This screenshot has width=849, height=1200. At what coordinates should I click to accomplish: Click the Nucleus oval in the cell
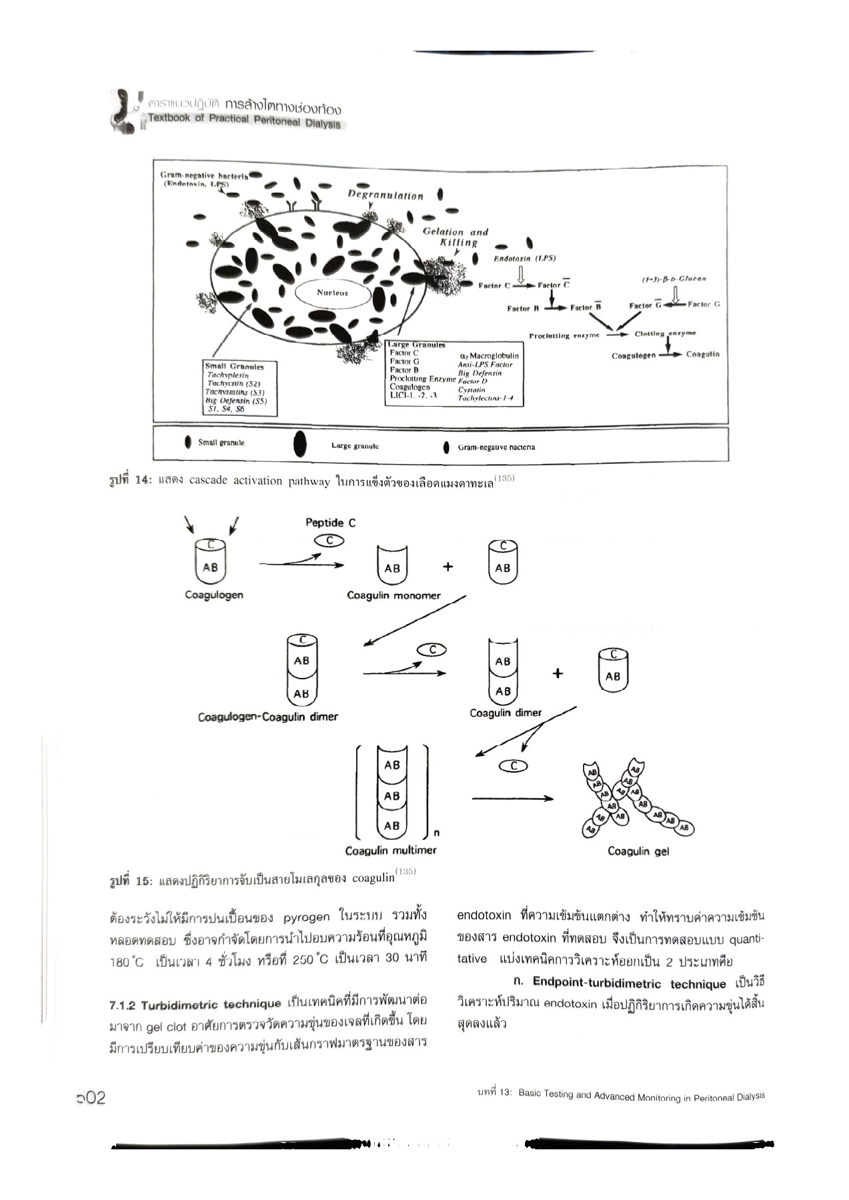click(x=332, y=293)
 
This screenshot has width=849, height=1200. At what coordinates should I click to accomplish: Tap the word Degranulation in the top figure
click(x=385, y=195)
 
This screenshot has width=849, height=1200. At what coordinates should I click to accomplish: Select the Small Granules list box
click(x=240, y=388)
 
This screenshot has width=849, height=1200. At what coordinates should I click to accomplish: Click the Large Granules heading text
click(x=417, y=345)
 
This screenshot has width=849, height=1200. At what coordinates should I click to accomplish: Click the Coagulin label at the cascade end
click(x=702, y=354)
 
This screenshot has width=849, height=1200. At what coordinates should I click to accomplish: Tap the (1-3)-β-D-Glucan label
click(x=674, y=279)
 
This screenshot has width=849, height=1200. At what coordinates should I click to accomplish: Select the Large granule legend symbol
click(x=300, y=444)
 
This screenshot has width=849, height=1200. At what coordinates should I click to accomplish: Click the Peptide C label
click(x=330, y=523)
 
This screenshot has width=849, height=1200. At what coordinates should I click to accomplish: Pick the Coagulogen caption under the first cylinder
click(x=213, y=595)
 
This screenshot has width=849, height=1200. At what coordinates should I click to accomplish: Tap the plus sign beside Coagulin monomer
click(x=448, y=567)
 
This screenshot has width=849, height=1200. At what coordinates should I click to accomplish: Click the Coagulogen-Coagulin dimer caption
click(x=267, y=717)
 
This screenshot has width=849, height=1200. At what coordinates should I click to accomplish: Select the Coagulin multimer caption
click(x=391, y=851)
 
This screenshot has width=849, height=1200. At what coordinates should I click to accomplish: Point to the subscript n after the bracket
click(x=436, y=832)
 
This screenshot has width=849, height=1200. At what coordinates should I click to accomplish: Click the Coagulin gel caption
click(x=638, y=851)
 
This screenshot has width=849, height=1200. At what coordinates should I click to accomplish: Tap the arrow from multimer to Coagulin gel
click(x=512, y=798)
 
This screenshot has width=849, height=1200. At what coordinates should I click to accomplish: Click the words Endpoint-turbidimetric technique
click(x=629, y=983)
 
